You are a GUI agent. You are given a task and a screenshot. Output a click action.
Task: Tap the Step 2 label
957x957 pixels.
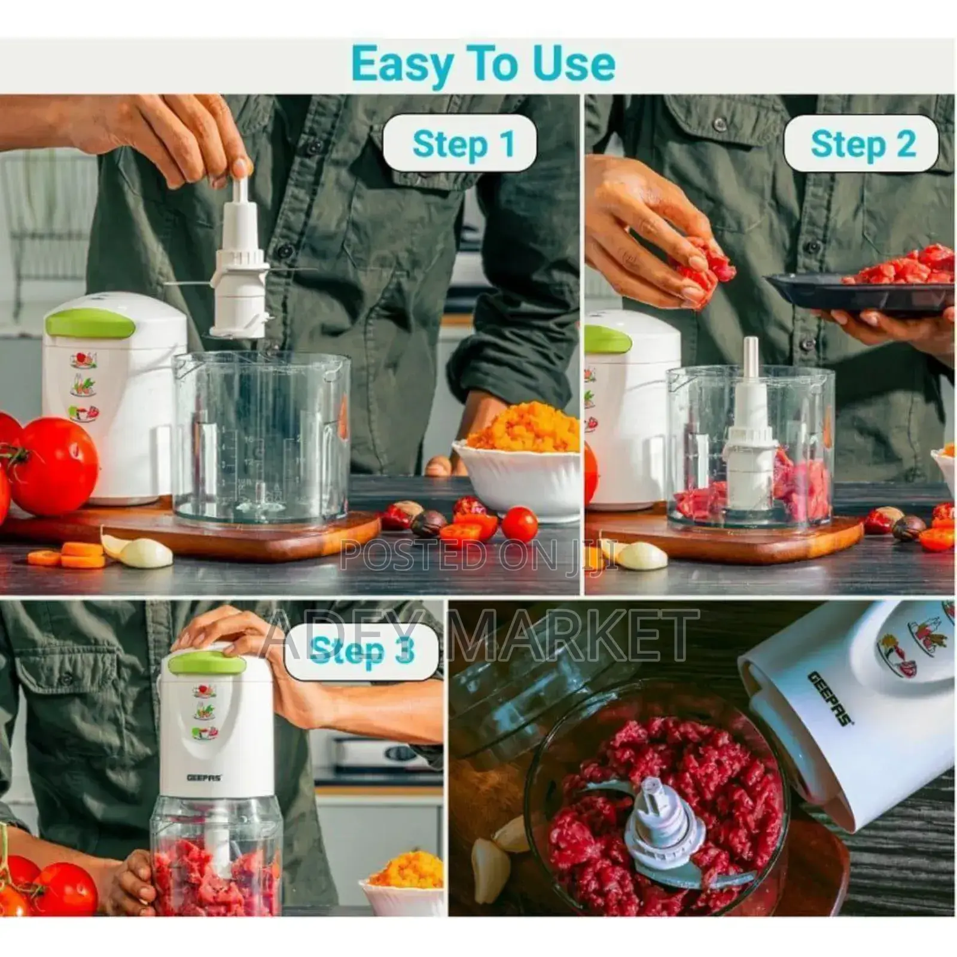point(861,144)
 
